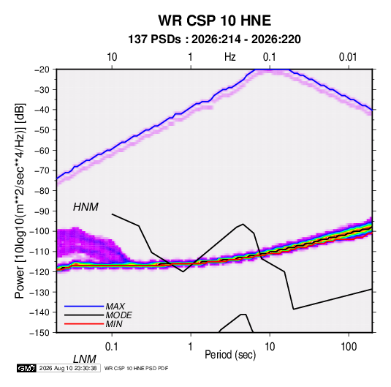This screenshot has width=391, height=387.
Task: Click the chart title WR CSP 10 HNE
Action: click(x=214, y=20)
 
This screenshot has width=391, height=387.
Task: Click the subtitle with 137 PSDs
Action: click(x=214, y=40)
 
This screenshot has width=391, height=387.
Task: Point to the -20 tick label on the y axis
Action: click(x=42, y=69)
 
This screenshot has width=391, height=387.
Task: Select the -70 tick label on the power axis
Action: click(x=42, y=170)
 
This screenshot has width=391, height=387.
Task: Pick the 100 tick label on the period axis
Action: click(x=349, y=347)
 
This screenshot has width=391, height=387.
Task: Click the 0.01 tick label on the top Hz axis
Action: click(x=348, y=57)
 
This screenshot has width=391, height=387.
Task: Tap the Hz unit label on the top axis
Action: click(x=230, y=57)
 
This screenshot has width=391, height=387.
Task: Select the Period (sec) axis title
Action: click(x=230, y=355)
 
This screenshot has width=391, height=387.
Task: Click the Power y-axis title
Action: click(x=20, y=200)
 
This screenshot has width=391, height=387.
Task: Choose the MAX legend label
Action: click(x=115, y=307)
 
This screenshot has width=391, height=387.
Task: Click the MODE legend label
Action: click(x=118, y=315)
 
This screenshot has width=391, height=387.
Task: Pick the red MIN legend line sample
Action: click(x=84, y=324)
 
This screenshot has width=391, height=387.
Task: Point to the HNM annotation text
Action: click(x=86, y=207)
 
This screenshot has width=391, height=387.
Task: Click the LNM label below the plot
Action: click(x=84, y=359)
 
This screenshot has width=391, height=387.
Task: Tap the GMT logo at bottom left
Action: click(x=26, y=368)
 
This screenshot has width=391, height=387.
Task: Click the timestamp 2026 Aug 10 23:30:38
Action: click(x=68, y=368)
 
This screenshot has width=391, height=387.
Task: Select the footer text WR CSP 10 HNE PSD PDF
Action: click(x=136, y=368)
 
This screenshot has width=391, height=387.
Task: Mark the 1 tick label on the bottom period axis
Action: click(x=190, y=347)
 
